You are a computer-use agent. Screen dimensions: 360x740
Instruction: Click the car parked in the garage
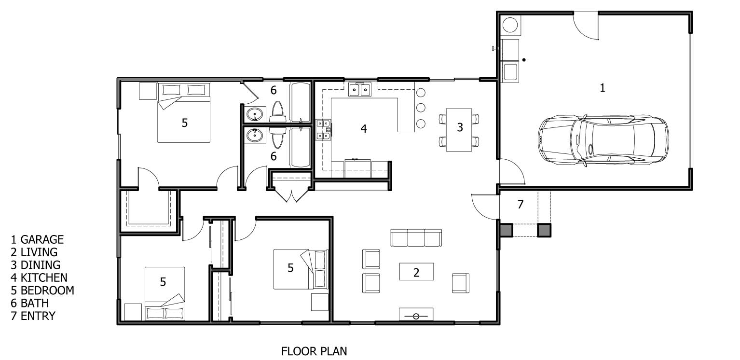point(603,139)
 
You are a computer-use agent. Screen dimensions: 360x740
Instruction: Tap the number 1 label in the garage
point(602,88)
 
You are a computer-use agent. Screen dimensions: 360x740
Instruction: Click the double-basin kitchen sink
point(359,90)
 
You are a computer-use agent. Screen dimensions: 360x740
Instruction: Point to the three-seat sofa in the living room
point(416,238)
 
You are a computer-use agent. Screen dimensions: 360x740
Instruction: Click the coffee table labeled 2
point(416,272)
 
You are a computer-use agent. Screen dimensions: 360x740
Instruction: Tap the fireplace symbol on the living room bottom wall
point(416,315)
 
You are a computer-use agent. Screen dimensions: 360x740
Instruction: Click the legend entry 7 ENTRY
point(33,316)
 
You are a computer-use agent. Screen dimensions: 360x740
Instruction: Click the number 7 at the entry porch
point(520,205)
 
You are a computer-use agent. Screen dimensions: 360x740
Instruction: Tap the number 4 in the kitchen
point(364,129)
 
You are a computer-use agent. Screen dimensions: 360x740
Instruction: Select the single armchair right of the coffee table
point(460,283)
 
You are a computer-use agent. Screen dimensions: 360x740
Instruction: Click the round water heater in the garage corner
point(509,25)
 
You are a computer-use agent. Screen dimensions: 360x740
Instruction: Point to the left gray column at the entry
point(506,231)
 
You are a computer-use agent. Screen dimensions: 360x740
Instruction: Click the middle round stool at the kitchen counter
point(421,107)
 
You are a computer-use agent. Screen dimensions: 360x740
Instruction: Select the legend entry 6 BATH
point(29,303)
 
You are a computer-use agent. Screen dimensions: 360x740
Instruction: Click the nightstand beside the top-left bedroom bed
point(148,91)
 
